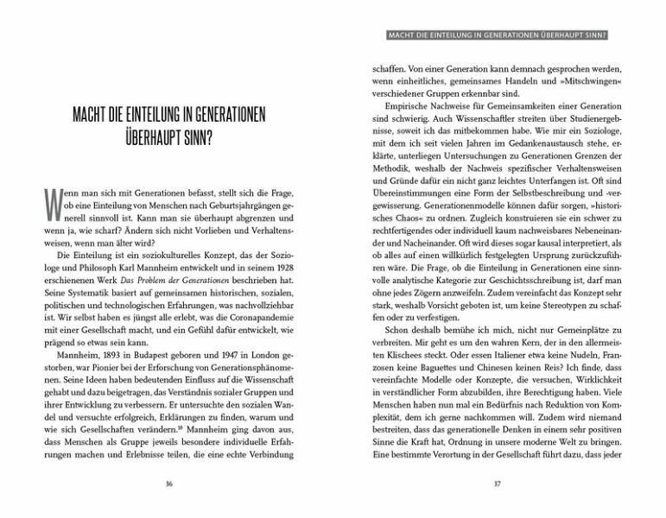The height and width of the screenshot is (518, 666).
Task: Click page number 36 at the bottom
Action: [x=168, y=483]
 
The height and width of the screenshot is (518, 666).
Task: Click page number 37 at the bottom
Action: [x=497, y=483]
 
